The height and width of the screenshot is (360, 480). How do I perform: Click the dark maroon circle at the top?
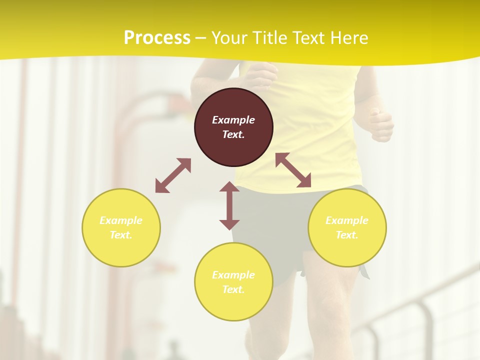233,127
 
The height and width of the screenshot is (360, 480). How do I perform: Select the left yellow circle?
121,227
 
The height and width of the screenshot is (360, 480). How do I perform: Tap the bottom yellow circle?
233,281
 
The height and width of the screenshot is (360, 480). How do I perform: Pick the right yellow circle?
347,227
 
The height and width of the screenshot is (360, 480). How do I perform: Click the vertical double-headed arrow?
229,205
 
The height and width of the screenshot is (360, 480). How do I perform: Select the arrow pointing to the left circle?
173,175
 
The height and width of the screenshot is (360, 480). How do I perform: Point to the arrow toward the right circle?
293,170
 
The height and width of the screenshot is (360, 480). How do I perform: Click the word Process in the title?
157,38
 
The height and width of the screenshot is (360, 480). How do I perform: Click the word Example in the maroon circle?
233,120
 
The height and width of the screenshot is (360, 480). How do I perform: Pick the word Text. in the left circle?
121,235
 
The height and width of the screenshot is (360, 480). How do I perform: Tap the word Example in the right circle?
347,220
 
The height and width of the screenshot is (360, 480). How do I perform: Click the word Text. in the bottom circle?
233,289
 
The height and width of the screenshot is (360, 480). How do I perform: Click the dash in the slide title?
200,38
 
